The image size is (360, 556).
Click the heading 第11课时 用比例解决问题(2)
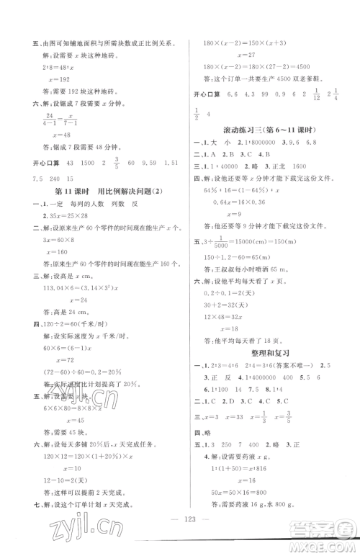(94, 170)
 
